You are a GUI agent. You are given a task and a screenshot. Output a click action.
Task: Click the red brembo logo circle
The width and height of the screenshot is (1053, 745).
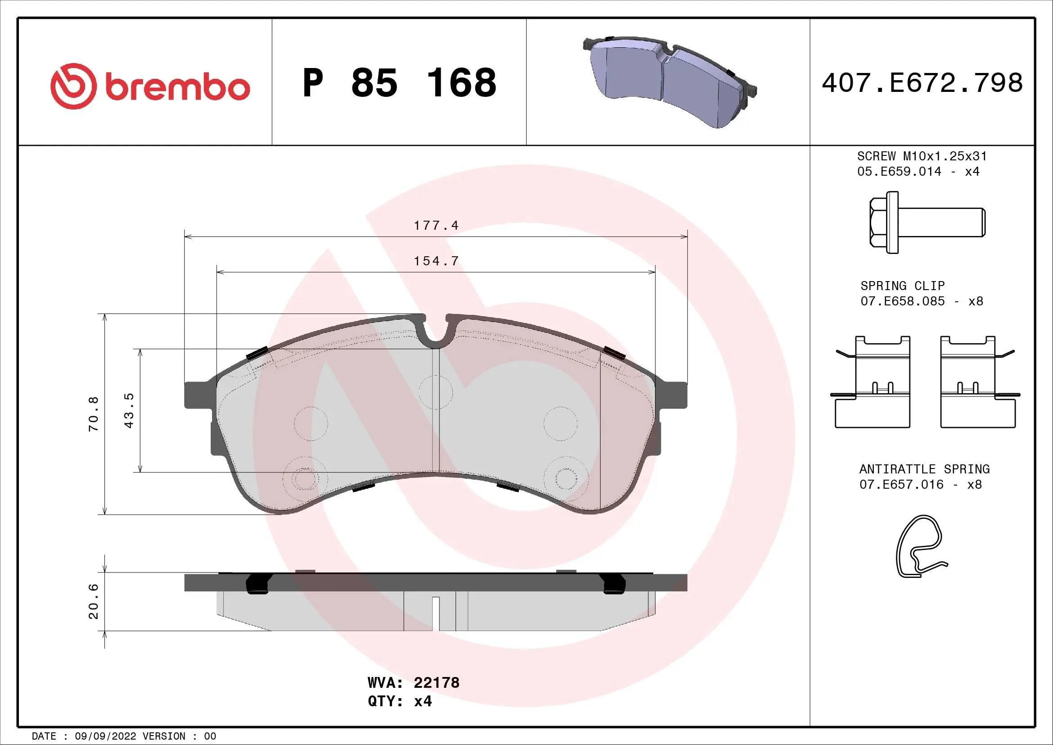point(73,86)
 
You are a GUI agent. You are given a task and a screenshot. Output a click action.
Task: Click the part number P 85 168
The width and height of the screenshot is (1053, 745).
point(399,83)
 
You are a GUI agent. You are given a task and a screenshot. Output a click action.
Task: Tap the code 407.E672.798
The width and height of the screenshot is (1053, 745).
point(922,83)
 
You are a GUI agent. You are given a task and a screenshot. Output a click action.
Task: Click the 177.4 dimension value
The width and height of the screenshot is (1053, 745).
point(436,225)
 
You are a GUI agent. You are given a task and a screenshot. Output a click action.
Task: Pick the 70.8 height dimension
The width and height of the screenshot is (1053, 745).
point(94,414)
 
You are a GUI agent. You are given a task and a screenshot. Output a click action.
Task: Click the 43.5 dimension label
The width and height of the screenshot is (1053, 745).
point(129,410)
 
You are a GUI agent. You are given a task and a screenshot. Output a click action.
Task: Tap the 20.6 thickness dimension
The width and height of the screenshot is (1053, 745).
point(94,601)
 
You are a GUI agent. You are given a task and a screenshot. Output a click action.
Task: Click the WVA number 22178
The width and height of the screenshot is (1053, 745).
point(436,682)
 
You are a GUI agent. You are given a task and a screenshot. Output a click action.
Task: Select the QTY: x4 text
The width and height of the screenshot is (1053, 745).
point(399,701)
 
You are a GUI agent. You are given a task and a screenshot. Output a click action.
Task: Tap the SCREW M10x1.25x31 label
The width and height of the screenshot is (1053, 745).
point(922,156)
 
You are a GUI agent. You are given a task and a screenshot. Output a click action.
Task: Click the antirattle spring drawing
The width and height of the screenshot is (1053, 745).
point(920,546)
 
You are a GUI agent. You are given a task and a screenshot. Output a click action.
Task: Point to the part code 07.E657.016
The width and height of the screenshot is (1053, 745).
point(901,485)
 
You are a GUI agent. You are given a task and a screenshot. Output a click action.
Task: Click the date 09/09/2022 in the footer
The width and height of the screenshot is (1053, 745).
point(105,736)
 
